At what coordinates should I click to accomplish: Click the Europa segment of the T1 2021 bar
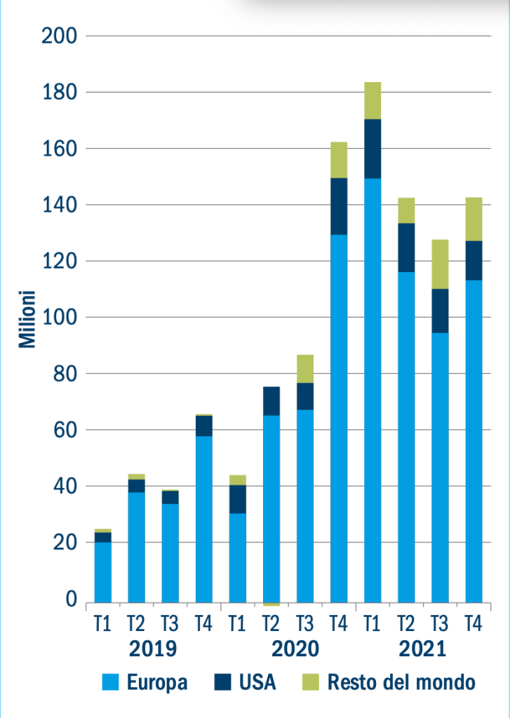tap(373, 390)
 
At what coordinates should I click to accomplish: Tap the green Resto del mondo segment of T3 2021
tap(440, 264)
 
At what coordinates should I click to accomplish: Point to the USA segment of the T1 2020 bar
tap(238, 499)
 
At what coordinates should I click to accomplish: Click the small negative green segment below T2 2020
tap(271, 604)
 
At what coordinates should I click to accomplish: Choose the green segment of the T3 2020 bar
tap(305, 369)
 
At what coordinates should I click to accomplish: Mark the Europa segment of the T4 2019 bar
tap(204, 519)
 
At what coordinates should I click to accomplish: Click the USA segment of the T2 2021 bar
tap(406, 248)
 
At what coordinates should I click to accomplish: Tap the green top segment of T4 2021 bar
tap(474, 219)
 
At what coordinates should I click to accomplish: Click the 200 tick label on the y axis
tap(59, 36)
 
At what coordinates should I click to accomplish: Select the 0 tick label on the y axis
tap(71, 600)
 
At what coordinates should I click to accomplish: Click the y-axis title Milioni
tap(27, 318)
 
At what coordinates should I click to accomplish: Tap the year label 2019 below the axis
tap(153, 649)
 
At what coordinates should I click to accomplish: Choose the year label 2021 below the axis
tap(423, 649)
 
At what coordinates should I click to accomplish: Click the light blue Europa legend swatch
tap(112, 682)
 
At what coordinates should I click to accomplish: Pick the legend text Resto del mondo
tap(401, 682)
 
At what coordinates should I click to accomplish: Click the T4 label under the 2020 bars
tap(339, 623)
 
